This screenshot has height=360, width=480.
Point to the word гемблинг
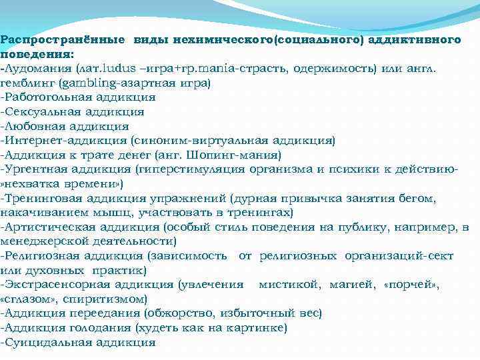pyautogui.click(x=27, y=83)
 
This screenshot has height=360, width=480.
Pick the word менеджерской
pyautogui.click(x=45, y=241)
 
